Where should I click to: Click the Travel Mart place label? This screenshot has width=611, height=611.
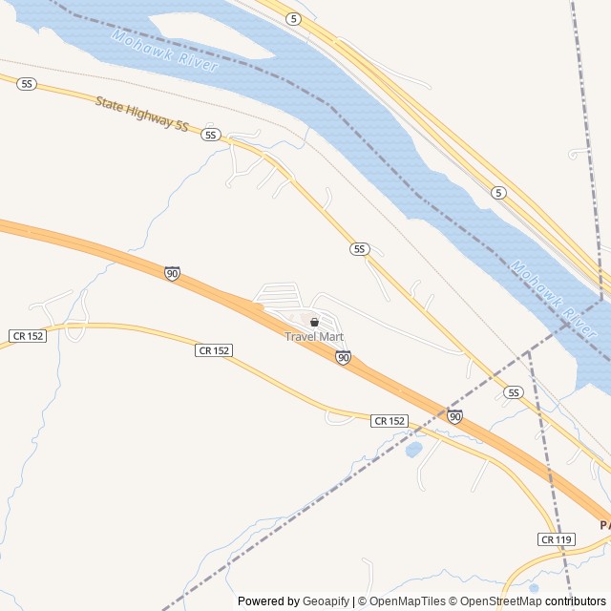click(x=314, y=337)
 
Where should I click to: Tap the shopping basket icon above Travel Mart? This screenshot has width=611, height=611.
click(x=314, y=323)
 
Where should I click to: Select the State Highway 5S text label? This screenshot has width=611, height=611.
click(x=141, y=112)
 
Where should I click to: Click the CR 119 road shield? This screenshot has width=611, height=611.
click(x=557, y=540)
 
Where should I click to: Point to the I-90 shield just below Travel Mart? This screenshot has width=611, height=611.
click(x=343, y=357)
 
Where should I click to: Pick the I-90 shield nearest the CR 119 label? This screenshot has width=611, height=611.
click(x=454, y=416)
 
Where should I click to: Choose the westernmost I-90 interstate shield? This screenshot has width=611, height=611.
click(x=172, y=274)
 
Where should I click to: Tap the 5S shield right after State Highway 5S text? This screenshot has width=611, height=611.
click(x=211, y=136)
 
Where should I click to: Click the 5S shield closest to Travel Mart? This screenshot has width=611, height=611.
click(x=359, y=249)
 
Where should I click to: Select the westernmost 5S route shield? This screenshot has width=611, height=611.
click(x=27, y=84)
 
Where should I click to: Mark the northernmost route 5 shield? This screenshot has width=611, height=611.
click(x=294, y=19)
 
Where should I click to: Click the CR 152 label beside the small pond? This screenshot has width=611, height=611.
click(x=390, y=421)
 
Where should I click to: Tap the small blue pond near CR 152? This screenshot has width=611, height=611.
click(x=414, y=449)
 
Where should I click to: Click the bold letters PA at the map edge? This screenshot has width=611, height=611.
click(x=604, y=525)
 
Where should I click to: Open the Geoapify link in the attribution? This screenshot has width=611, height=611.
click(x=327, y=601)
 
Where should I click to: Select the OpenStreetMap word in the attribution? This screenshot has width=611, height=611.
click(x=496, y=601)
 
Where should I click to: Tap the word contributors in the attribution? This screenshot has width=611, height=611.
click(x=576, y=601)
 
